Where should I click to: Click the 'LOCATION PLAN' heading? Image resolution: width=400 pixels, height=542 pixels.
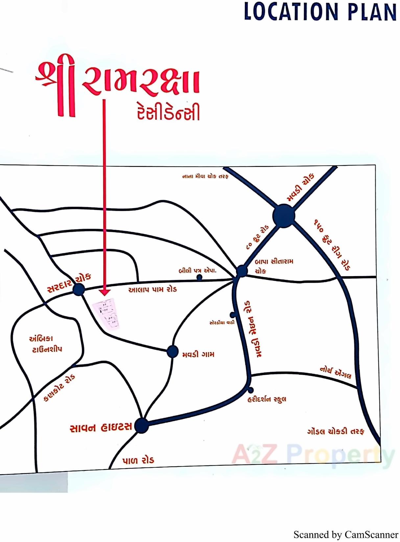click(x=320, y=12)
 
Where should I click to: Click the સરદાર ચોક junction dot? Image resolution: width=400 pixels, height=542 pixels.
click(x=79, y=290)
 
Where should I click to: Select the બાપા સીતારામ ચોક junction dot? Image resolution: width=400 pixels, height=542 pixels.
click(x=242, y=271)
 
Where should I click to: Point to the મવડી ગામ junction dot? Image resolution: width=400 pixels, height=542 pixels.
click(x=172, y=351)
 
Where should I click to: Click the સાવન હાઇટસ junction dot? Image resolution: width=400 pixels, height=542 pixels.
click(x=142, y=426)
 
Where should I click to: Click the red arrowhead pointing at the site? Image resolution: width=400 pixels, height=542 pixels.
click(x=105, y=292)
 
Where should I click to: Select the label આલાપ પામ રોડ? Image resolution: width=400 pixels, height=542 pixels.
click(x=153, y=290)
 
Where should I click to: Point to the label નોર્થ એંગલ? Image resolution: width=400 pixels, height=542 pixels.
click(x=336, y=373)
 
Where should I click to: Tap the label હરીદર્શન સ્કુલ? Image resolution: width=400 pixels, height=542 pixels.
click(x=267, y=399)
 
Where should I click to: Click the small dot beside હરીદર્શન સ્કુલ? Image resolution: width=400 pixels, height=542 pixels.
click(x=251, y=390)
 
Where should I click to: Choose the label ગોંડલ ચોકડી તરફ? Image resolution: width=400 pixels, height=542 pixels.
click(x=336, y=431)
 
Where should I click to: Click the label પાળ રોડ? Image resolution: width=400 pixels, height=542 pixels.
click(x=138, y=460)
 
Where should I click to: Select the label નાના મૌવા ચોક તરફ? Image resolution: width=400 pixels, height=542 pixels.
click(x=205, y=177)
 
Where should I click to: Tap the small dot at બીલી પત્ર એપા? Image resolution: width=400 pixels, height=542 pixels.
click(x=199, y=277)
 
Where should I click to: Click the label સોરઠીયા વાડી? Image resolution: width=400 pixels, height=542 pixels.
click(x=222, y=322)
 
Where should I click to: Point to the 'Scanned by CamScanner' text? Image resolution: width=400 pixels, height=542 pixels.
click(x=346, y=534)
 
